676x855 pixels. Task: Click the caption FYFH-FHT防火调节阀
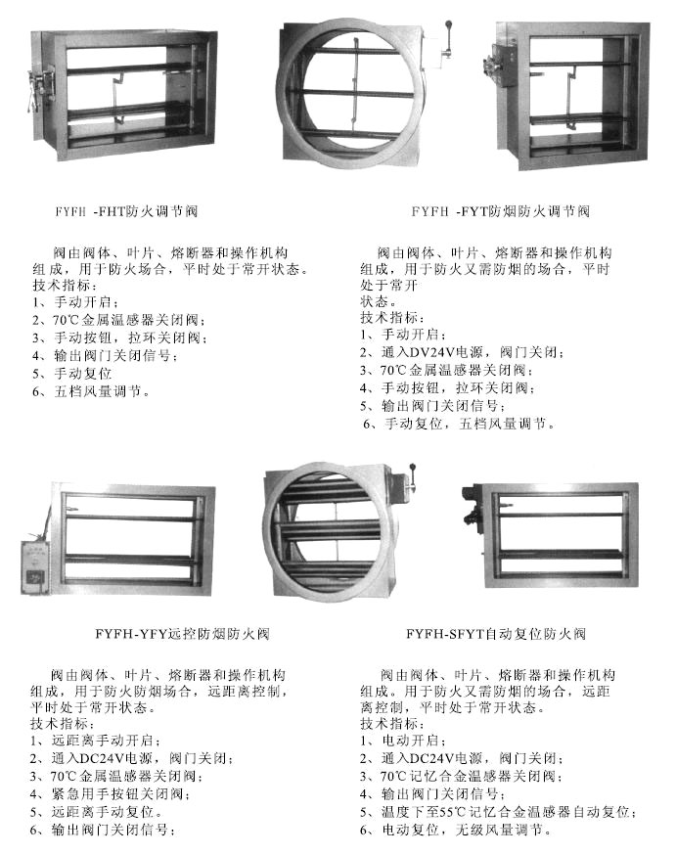pos(126,211)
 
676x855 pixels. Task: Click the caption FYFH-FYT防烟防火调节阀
pos(501,211)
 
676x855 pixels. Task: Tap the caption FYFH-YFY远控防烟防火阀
pos(182,634)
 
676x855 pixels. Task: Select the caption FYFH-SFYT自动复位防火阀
pos(496,634)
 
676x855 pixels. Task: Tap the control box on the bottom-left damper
pos(35,567)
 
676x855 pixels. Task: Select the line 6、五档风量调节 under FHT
pos(91,391)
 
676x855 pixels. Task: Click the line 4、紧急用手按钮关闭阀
pos(111,794)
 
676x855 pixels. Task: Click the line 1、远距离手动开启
pos(96,741)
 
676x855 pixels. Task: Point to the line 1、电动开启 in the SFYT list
pos(403,741)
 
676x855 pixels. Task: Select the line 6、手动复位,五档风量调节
pos(459,424)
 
